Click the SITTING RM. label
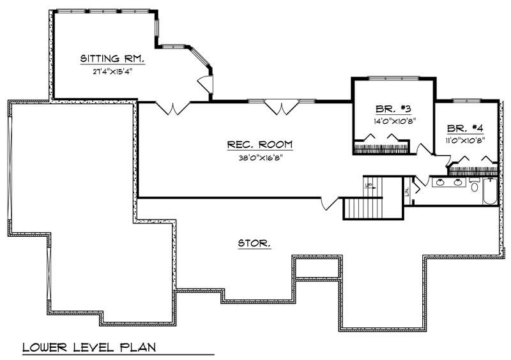click(112, 59)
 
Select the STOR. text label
click(254, 243)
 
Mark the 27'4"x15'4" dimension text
click(112, 71)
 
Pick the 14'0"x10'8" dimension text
click(394, 120)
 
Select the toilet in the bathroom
click(474, 184)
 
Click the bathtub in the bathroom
click(490, 191)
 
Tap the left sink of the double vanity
click(440, 183)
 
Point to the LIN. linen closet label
click(406, 191)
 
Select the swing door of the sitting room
click(204, 84)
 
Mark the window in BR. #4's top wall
click(466, 100)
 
